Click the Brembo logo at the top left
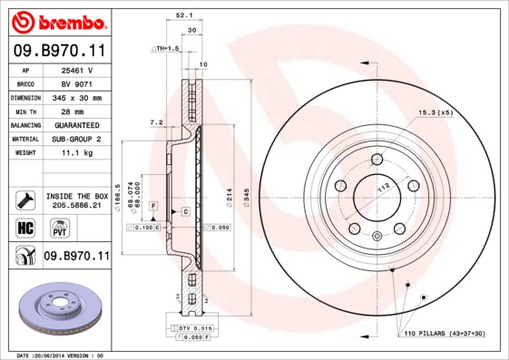pyautogui.click(x=56, y=20)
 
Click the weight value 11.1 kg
pyautogui.click(x=78, y=154)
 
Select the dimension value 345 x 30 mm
pyautogui.click(x=78, y=97)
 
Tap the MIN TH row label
pyautogui.click(x=25, y=111)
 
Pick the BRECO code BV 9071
pyautogui.click(x=78, y=83)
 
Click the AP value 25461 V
pyautogui.click(x=78, y=70)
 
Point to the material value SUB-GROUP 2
pyautogui.click(x=78, y=140)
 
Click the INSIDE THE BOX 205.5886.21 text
pyautogui.click(x=77, y=201)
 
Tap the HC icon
pyautogui.click(x=24, y=227)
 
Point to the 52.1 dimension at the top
pyautogui.click(x=182, y=15)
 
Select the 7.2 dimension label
pyautogui.click(x=155, y=122)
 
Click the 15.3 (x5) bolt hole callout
pyautogui.click(x=435, y=113)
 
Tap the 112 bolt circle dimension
pyautogui.click(x=383, y=187)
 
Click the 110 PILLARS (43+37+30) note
pyautogui.click(x=445, y=335)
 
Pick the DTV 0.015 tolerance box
pyautogui.click(x=194, y=327)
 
